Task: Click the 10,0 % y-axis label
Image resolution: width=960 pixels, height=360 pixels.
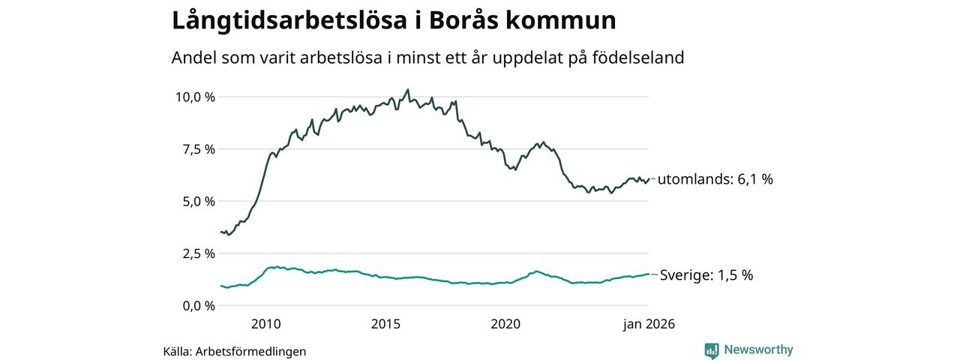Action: coord(195,97)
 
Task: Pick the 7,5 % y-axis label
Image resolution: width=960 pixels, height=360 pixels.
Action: coord(199,149)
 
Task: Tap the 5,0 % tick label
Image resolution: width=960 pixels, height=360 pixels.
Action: coord(199,201)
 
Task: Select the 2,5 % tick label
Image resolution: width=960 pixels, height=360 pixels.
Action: coord(199,253)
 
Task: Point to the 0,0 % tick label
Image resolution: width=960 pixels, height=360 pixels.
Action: coord(199,305)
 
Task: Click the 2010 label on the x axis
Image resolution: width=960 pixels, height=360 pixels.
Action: coord(266,324)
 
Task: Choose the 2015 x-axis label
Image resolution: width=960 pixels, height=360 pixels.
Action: coord(386,324)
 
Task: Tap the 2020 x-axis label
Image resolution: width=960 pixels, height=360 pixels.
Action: coord(505,324)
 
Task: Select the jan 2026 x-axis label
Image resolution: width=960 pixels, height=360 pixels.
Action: coord(649,324)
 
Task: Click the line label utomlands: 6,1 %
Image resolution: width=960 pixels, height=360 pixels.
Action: coord(715,179)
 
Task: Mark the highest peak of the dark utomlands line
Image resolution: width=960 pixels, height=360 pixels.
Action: coord(407,90)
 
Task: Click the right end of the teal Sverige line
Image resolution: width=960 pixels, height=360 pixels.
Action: coord(648,274)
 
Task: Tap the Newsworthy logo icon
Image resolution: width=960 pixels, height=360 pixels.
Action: coord(712,349)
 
